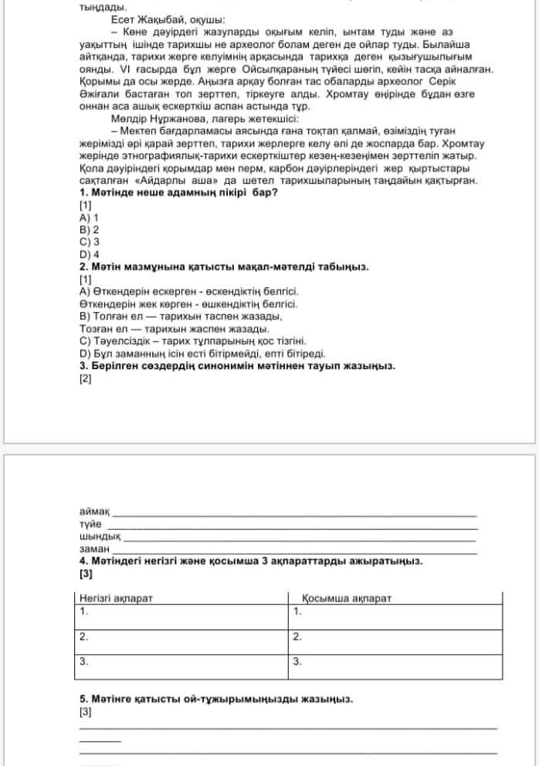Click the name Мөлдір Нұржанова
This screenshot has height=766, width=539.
pos(161,120)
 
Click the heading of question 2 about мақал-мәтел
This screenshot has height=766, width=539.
pos(224,266)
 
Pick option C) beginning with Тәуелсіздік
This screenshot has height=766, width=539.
pos(193,341)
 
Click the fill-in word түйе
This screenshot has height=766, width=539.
pos(90,524)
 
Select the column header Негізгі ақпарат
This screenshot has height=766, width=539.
pos(116,598)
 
